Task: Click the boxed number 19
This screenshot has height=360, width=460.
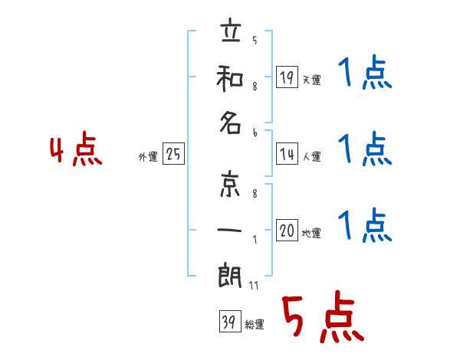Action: tap(287, 77)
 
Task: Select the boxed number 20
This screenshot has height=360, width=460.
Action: tap(287, 231)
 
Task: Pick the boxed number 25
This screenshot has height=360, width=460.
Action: tap(173, 155)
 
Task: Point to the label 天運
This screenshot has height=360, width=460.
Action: tap(311, 79)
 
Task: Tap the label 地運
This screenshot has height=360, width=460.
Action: tap(311, 234)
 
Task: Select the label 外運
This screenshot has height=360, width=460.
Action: tap(148, 157)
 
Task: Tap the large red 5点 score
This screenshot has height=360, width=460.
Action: tap(321, 319)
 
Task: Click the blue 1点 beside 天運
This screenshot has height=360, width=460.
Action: tap(365, 74)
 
